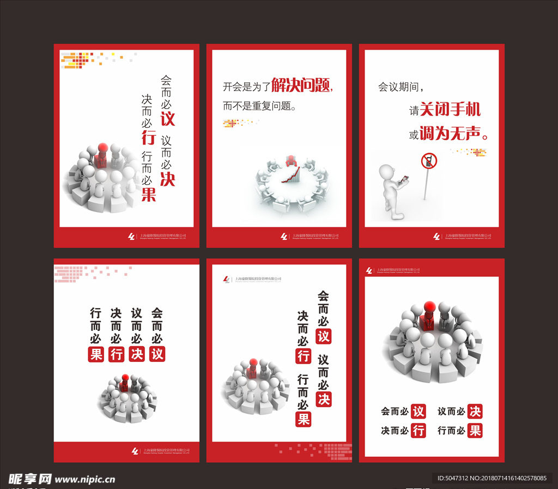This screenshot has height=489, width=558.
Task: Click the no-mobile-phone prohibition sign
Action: click(x=429, y=161)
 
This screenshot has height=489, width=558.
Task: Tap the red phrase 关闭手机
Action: click(x=451, y=110)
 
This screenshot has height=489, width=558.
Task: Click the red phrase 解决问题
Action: click(x=301, y=86)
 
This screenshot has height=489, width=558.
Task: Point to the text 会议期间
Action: click(x=400, y=87)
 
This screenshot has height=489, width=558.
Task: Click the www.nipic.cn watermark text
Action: click(x=86, y=480)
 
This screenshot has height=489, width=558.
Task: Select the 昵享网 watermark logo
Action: click(x=30, y=479)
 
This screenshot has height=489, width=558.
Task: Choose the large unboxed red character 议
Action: click(x=167, y=118)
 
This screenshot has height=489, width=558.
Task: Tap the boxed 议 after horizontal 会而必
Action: click(x=418, y=412)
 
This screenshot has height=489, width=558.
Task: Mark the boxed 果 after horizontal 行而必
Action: click(x=475, y=431)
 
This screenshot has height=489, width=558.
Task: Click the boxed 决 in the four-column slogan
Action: click(x=137, y=354)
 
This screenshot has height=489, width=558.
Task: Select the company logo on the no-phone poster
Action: click(x=436, y=237)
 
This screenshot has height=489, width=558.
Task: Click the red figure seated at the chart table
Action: click(x=292, y=161)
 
